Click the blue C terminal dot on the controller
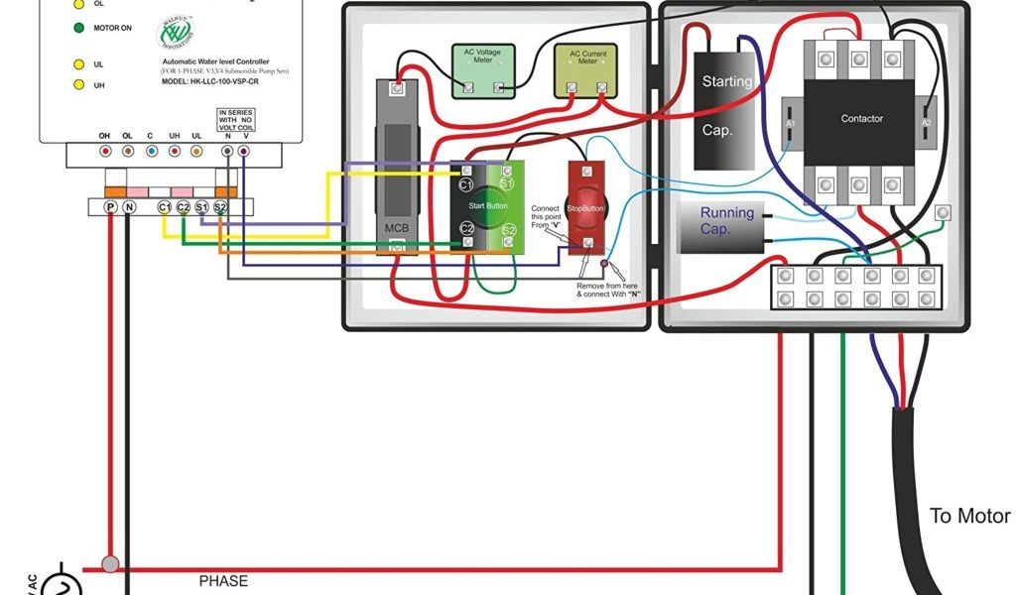point(151,152)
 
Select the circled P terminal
point(110,206)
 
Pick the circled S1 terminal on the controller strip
point(201,206)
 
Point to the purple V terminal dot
point(243,152)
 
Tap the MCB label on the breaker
point(396,228)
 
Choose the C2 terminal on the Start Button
point(466,229)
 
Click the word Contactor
point(861,119)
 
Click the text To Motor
point(969,516)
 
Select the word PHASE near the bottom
point(223,581)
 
